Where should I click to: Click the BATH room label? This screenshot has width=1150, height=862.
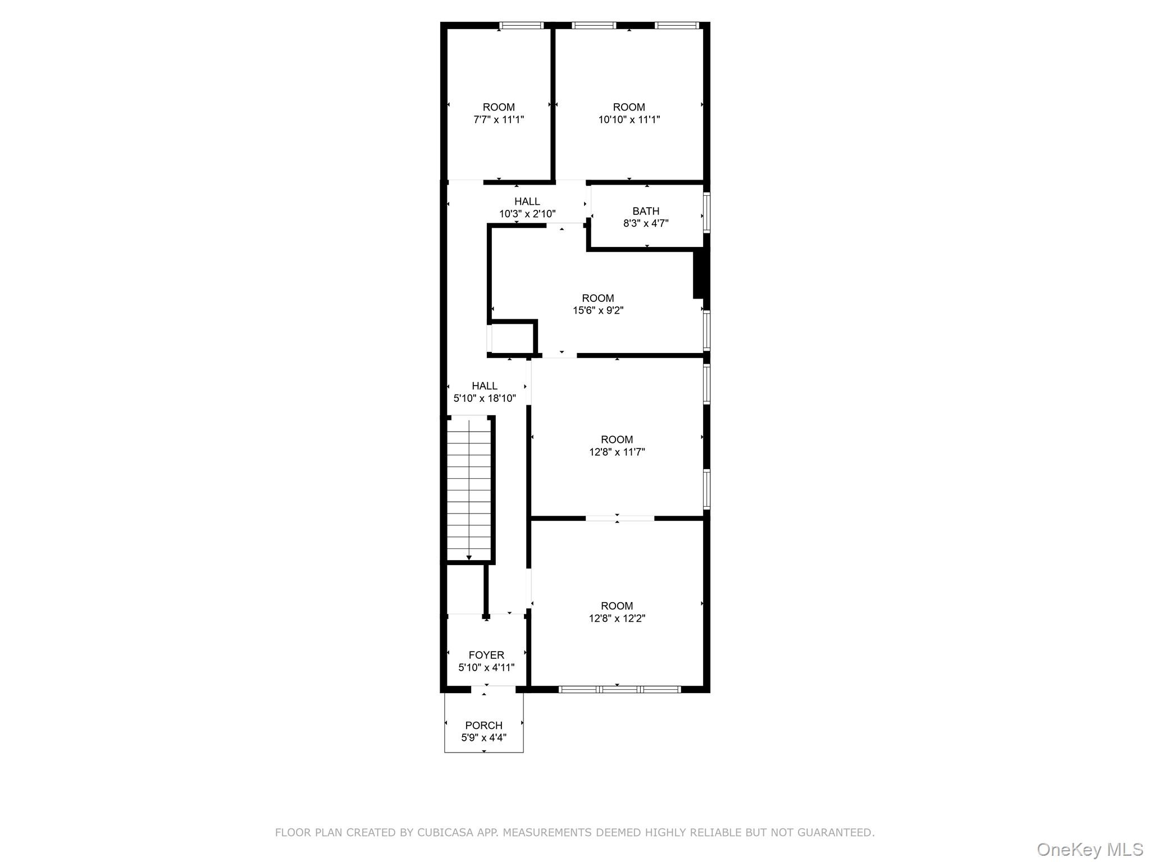click(x=646, y=211)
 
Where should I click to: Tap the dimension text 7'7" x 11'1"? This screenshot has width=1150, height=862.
click(x=499, y=120)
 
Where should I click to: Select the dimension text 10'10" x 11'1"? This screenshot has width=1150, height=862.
click(x=629, y=120)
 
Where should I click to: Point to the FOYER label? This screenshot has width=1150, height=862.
click(x=486, y=655)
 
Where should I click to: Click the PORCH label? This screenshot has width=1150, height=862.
click(x=483, y=725)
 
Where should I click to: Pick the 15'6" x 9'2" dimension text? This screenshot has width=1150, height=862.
click(x=598, y=310)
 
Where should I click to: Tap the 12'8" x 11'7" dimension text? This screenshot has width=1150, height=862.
click(x=617, y=452)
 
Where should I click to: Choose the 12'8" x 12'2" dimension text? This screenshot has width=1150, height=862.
click(x=617, y=618)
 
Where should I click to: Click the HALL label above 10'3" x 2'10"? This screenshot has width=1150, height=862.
click(x=527, y=201)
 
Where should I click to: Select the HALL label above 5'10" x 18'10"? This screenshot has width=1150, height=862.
click(x=484, y=386)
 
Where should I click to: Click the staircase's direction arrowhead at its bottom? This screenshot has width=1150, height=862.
click(x=469, y=557)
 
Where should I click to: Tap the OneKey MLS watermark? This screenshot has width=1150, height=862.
click(x=1089, y=849)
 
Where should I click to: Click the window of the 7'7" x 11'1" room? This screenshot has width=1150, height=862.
click(x=522, y=25)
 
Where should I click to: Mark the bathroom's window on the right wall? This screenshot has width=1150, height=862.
click(x=707, y=212)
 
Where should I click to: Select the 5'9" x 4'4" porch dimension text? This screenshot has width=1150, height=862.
click(x=483, y=737)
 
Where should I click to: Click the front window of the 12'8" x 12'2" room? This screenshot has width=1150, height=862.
click(x=620, y=689)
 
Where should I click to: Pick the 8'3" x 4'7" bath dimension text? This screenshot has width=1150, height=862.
click(x=646, y=223)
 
